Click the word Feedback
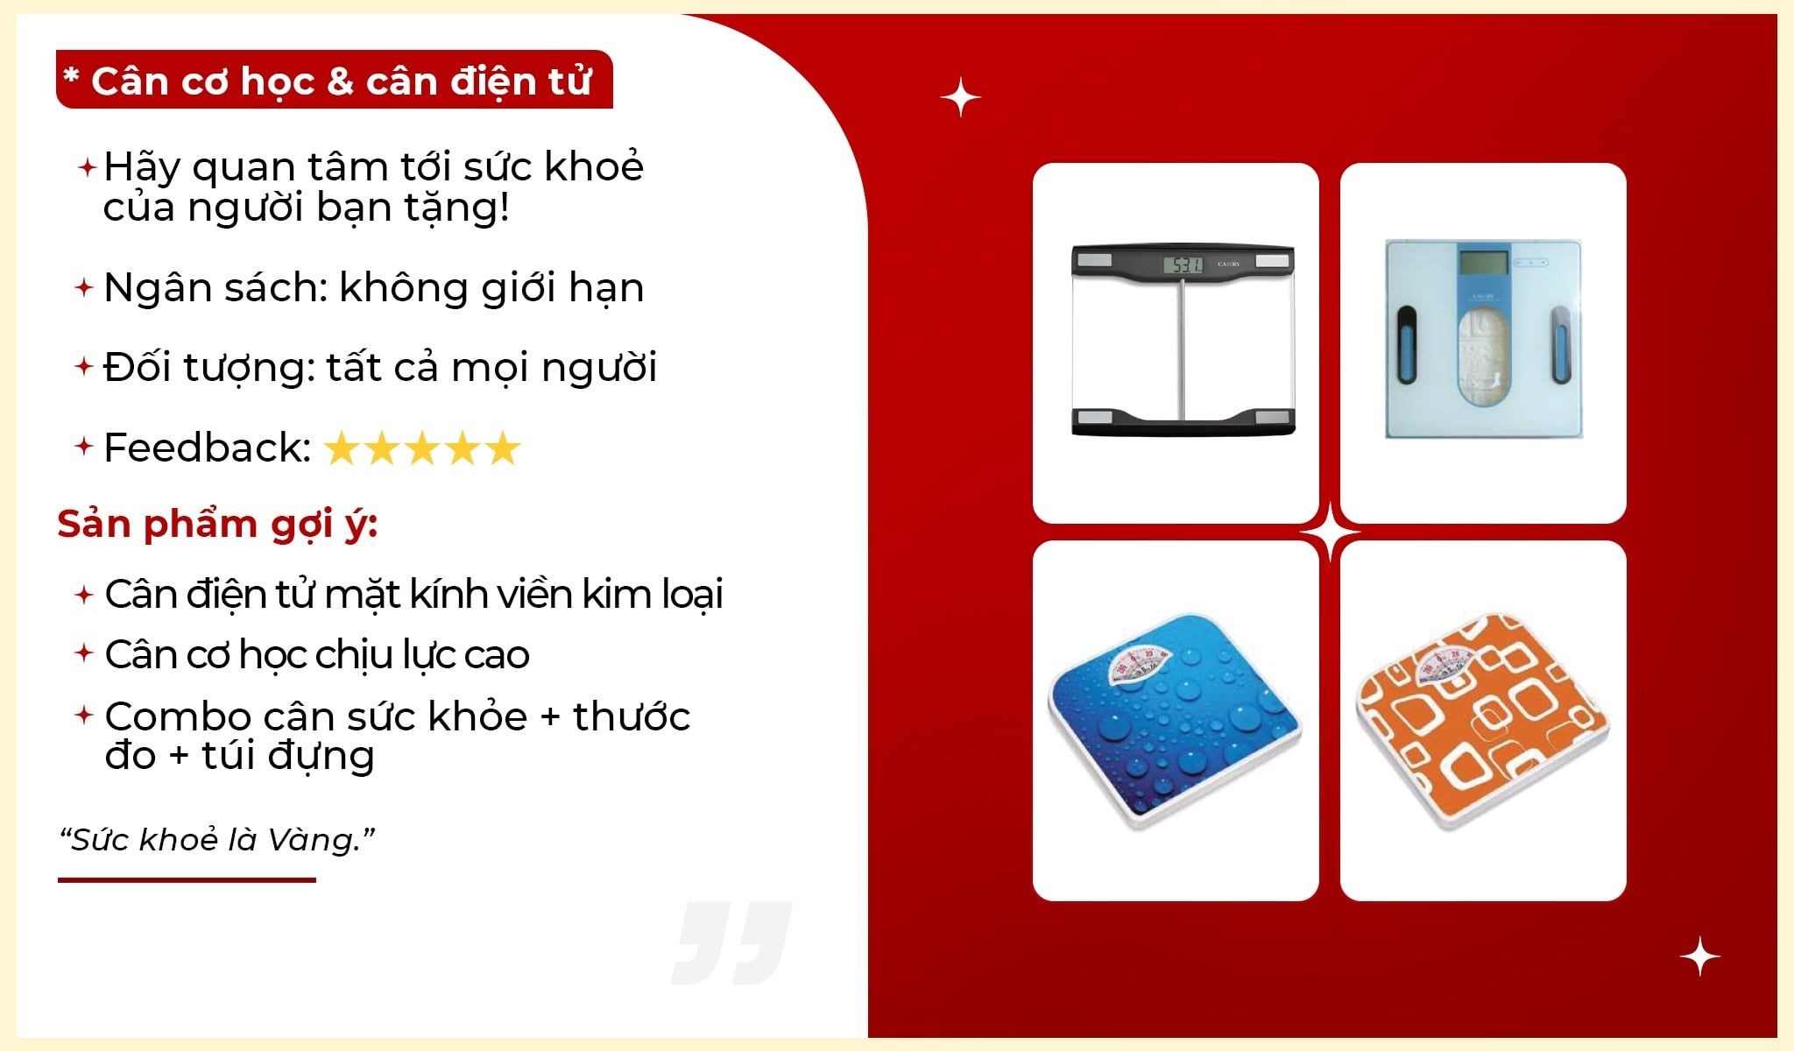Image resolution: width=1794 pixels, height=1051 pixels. (x=207, y=448)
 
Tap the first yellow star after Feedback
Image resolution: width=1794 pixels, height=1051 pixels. (x=343, y=448)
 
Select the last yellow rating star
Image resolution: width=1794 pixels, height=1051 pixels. (x=502, y=448)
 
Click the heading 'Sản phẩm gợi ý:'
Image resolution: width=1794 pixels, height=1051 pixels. (x=217, y=525)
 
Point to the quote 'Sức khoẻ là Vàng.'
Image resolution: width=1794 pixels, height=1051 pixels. (x=217, y=840)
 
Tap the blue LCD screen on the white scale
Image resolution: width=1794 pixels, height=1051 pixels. (x=1483, y=261)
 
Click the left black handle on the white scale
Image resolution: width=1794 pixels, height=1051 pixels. (x=1407, y=346)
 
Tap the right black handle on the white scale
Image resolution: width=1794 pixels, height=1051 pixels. (x=1561, y=346)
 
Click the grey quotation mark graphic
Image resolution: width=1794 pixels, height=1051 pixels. (x=732, y=943)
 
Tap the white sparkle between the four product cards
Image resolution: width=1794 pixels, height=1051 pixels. (x=1330, y=533)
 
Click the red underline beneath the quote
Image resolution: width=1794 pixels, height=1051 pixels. (x=187, y=879)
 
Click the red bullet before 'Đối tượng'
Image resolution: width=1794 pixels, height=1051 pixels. (x=84, y=366)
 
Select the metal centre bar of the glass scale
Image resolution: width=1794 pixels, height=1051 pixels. (x=1182, y=348)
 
